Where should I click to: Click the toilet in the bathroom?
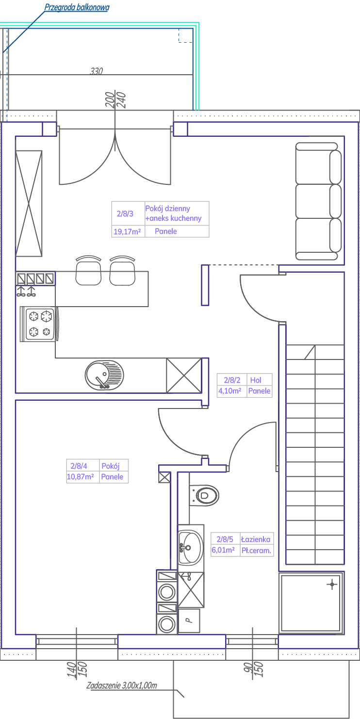[204, 495]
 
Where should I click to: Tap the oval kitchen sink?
[104, 375]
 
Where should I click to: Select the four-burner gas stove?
[39, 324]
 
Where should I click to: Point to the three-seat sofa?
[318, 201]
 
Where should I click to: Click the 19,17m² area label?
[128, 231]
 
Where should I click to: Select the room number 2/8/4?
[79, 466]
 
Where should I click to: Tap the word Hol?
[256, 380]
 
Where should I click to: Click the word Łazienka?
[256, 539]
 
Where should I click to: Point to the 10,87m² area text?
[80, 476]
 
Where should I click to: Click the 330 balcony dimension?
[96, 71]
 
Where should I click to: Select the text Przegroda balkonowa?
[77, 7]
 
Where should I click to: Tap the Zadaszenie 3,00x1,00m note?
[122, 686]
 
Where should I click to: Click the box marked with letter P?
[189, 621]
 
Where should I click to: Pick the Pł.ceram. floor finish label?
[256, 550]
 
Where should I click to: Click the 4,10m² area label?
[230, 391]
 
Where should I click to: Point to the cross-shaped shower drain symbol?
[332, 584]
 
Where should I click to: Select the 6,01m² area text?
[223, 550]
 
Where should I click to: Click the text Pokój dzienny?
[168, 209]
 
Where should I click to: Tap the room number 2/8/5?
[225, 539]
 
